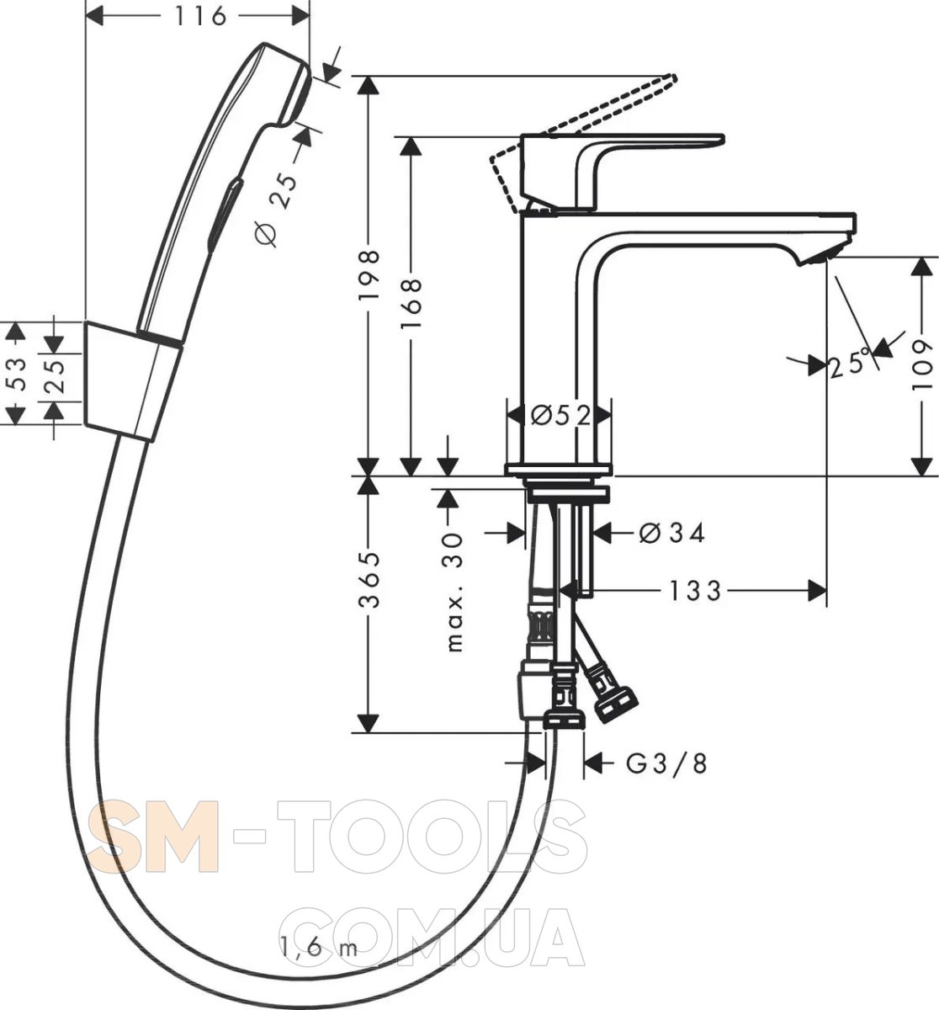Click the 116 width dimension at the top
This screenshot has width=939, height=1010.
[199, 17]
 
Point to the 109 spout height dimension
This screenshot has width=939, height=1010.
[922, 365]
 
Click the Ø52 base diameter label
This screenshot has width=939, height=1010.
[560, 417]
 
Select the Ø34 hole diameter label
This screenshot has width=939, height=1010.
[672, 534]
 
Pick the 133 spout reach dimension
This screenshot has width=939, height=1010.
[694, 591]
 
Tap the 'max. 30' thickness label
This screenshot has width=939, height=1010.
[454, 592]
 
